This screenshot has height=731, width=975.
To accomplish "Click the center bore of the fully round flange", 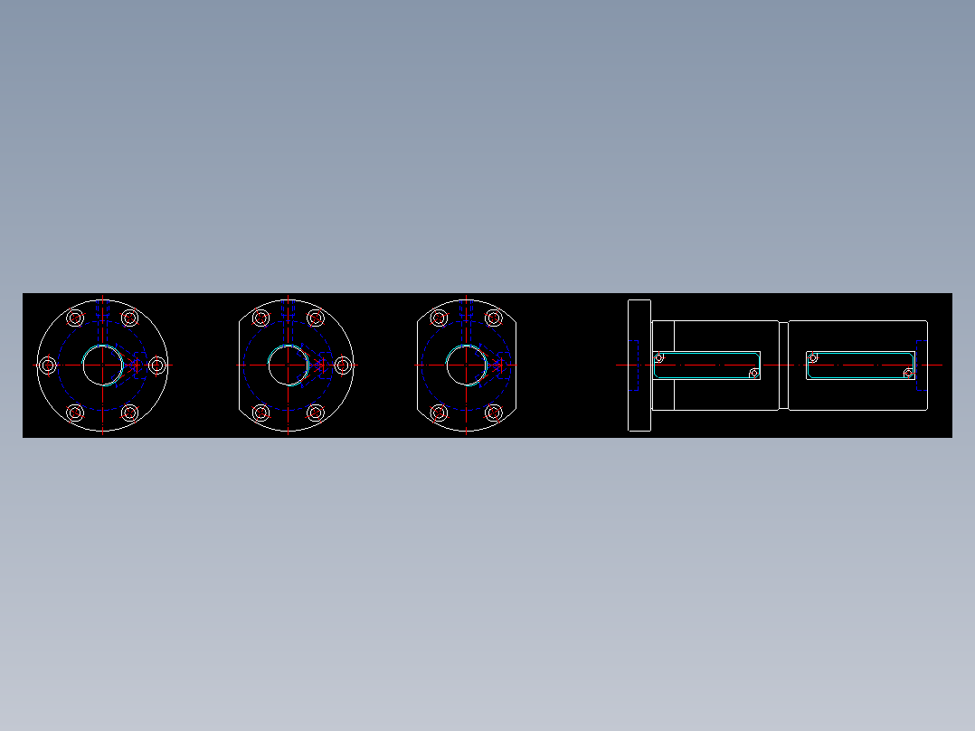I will click(x=102, y=365).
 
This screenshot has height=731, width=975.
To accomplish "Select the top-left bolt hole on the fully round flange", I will click(x=75, y=318).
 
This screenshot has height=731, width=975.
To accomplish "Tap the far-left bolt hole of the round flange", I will click(x=47, y=365).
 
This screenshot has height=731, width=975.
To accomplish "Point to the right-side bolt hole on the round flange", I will click(x=157, y=365).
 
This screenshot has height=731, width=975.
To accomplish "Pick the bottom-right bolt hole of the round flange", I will click(x=129, y=413).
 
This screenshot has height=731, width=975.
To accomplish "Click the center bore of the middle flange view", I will click(x=288, y=365).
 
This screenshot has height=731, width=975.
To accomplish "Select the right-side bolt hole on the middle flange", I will click(x=343, y=365).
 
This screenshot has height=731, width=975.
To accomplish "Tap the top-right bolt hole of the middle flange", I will click(x=316, y=318).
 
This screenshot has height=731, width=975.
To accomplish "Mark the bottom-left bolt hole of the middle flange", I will click(x=260, y=413).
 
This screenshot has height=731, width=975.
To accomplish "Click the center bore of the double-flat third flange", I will click(x=466, y=365).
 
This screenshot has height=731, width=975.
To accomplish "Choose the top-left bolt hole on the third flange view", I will click(x=439, y=318).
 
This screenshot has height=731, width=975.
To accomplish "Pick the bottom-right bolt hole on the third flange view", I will click(x=494, y=413).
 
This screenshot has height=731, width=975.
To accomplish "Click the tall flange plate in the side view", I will click(x=639, y=365).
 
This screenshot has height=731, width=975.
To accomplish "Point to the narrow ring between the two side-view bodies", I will click(x=783, y=365).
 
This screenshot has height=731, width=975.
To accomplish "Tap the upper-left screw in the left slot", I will click(x=658, y=357).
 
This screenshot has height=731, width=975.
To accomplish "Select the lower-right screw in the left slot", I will click(x=754, y=374).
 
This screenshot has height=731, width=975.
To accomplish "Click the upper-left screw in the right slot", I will click(x=813, y=356).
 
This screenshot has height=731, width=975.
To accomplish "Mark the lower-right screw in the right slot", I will click(x=909, y=372).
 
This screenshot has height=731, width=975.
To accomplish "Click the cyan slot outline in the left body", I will click(x=705, y=353).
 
